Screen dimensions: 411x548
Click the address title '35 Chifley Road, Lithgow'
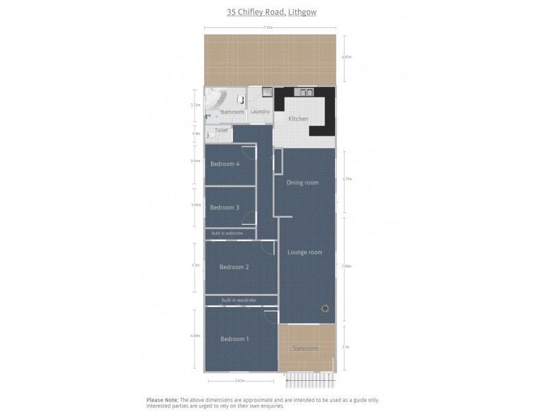(272, 12)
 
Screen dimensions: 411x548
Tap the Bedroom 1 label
(234, 339)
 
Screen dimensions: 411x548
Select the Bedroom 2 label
(234, 267)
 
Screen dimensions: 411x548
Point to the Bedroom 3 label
(224, 208)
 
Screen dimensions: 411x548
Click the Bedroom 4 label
(224, 164)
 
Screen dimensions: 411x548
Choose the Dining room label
(302, 183)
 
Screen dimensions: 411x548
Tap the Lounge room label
(305, 252)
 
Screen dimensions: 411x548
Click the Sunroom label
(306, 349)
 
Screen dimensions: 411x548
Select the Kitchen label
(298, 119)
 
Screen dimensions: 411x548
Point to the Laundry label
(260, 112)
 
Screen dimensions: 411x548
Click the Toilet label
(221, 130)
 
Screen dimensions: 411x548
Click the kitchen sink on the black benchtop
(303, 92)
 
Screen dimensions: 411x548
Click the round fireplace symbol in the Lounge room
(325, 308)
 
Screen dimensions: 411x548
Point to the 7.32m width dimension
(269, 27)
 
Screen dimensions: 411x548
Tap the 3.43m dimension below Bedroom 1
(240, 381)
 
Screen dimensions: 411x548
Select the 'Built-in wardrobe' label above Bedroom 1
(239, 300)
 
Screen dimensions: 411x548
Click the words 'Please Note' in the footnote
(162, 400)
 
